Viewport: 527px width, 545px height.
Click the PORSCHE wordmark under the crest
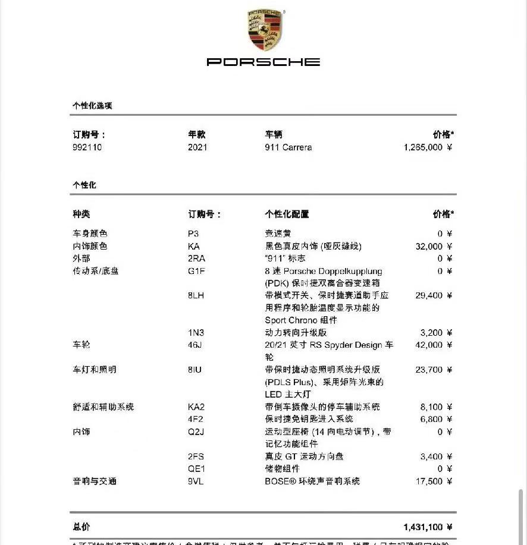point(263,62)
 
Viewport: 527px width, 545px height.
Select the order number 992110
point(87,147)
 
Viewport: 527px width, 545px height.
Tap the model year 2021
point(197,147)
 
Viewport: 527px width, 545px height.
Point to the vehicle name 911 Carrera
point(288,147)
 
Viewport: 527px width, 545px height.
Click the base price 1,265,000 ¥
point(428,147)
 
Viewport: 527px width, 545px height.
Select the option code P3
point(193,234)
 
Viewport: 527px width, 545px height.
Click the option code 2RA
point(197,259)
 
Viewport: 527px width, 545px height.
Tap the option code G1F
point(196,271)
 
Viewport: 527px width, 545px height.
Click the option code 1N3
point(196,333)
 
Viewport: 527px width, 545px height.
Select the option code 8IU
point(195,370)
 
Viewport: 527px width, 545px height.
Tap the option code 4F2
point(195,419)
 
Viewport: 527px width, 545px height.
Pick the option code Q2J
point(196,431)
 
